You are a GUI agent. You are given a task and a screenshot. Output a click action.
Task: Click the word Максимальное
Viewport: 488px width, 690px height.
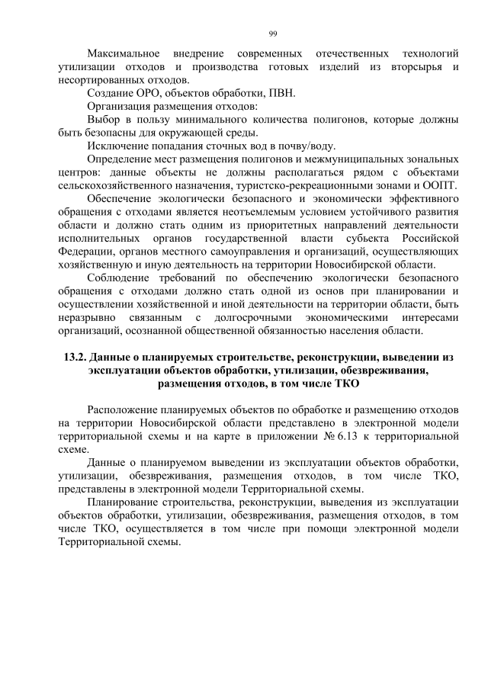tap(124, 54)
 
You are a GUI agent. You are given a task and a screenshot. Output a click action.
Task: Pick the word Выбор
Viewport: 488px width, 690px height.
tap(104, 120)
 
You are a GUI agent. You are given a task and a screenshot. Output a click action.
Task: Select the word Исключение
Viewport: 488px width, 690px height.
tap(120, 146)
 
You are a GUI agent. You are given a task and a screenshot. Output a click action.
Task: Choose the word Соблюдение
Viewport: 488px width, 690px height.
tap(124, 278)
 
